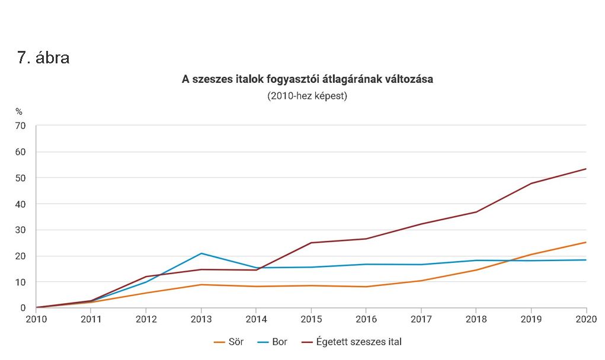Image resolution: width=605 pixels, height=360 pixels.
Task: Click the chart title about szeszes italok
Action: click(307, 79)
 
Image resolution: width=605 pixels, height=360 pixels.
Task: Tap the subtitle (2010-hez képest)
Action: click(307, 96)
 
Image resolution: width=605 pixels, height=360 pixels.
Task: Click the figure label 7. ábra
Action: click(44, 58)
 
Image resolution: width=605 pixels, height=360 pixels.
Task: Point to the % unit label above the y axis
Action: click(19, 111)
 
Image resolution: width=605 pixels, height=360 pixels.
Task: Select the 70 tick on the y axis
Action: click(21, 126)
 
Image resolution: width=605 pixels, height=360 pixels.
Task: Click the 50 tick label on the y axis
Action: click(21, 178)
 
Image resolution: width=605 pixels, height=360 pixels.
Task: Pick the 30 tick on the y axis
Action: click(21, 230)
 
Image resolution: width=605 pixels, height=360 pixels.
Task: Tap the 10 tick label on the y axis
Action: click(21, 282)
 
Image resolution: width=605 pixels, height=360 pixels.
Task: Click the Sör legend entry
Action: click(228, 342)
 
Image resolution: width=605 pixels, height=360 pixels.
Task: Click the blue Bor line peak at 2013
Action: click(201, 253)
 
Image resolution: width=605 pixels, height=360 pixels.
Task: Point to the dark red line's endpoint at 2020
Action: click(586, 169)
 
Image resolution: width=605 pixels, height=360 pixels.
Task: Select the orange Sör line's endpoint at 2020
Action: click(586, 242)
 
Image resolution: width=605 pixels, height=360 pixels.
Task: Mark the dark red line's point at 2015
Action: click(311, 243)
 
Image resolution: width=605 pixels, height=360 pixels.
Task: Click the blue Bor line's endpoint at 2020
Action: click(586, 260)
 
